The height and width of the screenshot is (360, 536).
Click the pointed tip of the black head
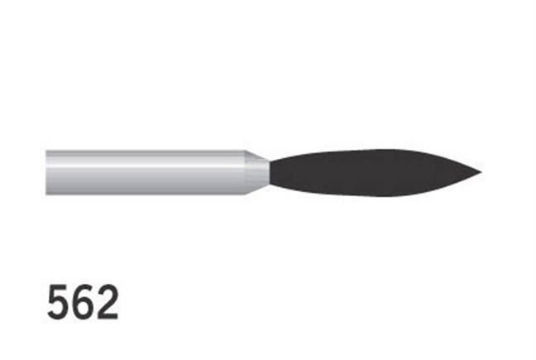pyautogui.click(x=480, y=173)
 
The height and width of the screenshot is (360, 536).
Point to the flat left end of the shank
pyautogui.click(x=47, y=172)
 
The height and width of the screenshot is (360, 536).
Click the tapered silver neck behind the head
pyautogui.click(x=258, y=172)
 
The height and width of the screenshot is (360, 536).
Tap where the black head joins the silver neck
pyautogui.click(x=270, y=172)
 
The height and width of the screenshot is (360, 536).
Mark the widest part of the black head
pyautogui.click(x=389, y=172)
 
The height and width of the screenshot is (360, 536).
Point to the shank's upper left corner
pyautogui.click(x=47, y=151)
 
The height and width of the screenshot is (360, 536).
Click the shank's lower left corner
pyautogui.click(x=47, y=194)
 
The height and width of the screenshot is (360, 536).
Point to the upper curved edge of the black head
pyautogui.click(x=372, y=151)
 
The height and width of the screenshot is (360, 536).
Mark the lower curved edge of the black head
pyautogui.click(x=372, y=194)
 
